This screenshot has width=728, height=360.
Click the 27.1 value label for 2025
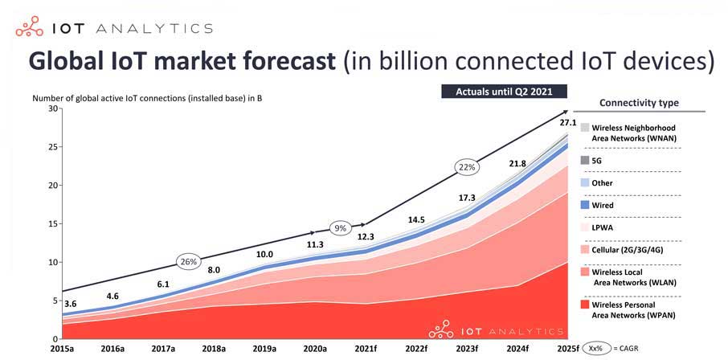[x=568, y=123]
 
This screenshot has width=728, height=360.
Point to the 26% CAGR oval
[x=188, y=261]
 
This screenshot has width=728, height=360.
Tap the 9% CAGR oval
[x=340, y=227]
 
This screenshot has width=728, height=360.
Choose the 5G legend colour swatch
[x=584, y=160]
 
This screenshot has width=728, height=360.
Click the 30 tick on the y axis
[x=54, y=108]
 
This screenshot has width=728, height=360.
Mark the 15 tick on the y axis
[x=54, y=223]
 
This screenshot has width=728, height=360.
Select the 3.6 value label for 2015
[x=70, y=304]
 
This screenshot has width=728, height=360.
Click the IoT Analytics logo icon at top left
[x=30, y=29]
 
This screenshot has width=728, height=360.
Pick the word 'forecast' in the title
[x=269, y=62]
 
